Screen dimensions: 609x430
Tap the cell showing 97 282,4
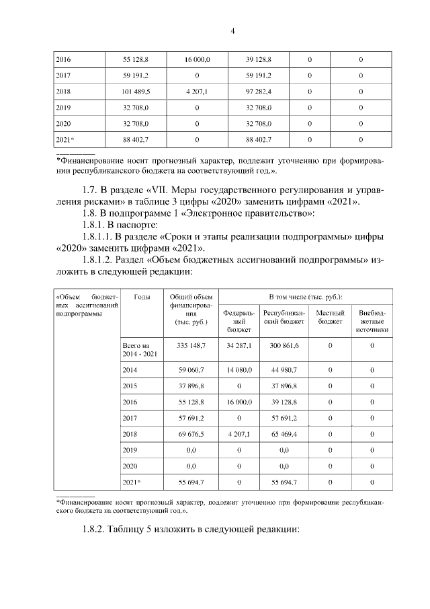pos(259,91)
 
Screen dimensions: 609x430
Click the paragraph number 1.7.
pos(88,190)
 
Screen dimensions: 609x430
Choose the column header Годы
pos(142,297)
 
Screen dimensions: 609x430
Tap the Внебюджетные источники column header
pos(372,317)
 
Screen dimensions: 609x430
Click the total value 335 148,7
pos(191,345)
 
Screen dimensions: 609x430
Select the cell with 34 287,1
pos(239,345)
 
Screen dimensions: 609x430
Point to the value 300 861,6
pos(284,345)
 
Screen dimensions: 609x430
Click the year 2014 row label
pos(130,370)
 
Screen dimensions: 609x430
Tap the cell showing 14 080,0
pos(239,370)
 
